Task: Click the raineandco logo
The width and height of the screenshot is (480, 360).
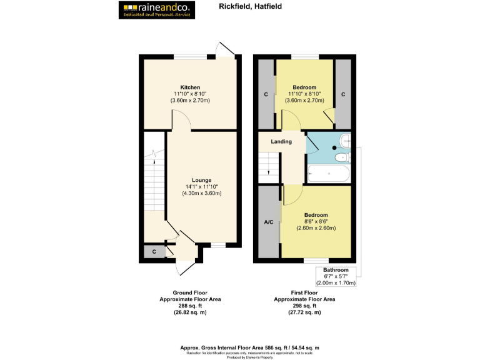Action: click(x=157, y=9)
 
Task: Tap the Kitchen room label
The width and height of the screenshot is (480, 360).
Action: click(x=190, y=87)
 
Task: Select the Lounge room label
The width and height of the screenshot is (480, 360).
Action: click(x=201, y=180)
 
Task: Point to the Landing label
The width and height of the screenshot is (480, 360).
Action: click(x=281, y=142)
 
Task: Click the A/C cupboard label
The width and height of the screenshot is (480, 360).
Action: click(x=269, y=222)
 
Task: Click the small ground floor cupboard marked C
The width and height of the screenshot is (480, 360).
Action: click(x=154, y=251)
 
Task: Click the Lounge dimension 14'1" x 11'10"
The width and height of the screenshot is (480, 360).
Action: click(x=201, y=187)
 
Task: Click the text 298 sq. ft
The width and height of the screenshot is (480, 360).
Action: click(x=304, y=306)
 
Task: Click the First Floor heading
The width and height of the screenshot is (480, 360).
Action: click(x=304, y=292)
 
